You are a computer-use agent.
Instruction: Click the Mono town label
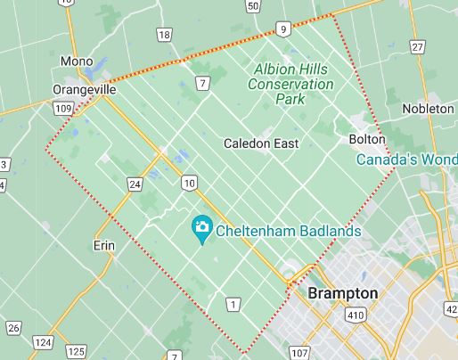[x=76, y=61]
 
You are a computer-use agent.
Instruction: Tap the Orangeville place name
[x=86, y=90]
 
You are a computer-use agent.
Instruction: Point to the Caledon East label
[x=261, y=143]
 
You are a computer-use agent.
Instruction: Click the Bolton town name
[x=366, y=140]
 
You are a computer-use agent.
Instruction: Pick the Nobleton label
[x=429, y=108]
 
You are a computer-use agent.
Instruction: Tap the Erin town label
[x=105, y=244]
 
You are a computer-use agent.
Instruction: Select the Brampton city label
[x=342, y=293]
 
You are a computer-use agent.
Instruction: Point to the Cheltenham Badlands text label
[x=290, y=230]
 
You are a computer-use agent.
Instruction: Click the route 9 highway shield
[x=282, y=29]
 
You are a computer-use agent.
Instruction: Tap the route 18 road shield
[x=164, y=35]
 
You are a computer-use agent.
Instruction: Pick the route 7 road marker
[x=203, y=84]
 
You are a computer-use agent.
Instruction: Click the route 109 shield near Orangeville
[x=62, y=108]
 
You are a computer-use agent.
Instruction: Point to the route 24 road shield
[x=134, y=184]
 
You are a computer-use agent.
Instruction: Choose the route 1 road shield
[x=233, y=305]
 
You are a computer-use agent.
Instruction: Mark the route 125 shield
[x=77, y=350]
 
